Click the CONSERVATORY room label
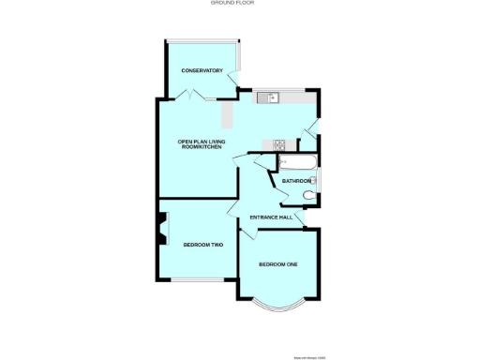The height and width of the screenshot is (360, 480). pos(202,70)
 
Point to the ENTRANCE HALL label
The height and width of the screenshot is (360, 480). pos(271,218)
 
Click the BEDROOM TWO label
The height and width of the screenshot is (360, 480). pos(202,245)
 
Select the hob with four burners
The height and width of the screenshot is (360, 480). pos(278,143)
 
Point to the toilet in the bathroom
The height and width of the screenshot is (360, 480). pos(310,195)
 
